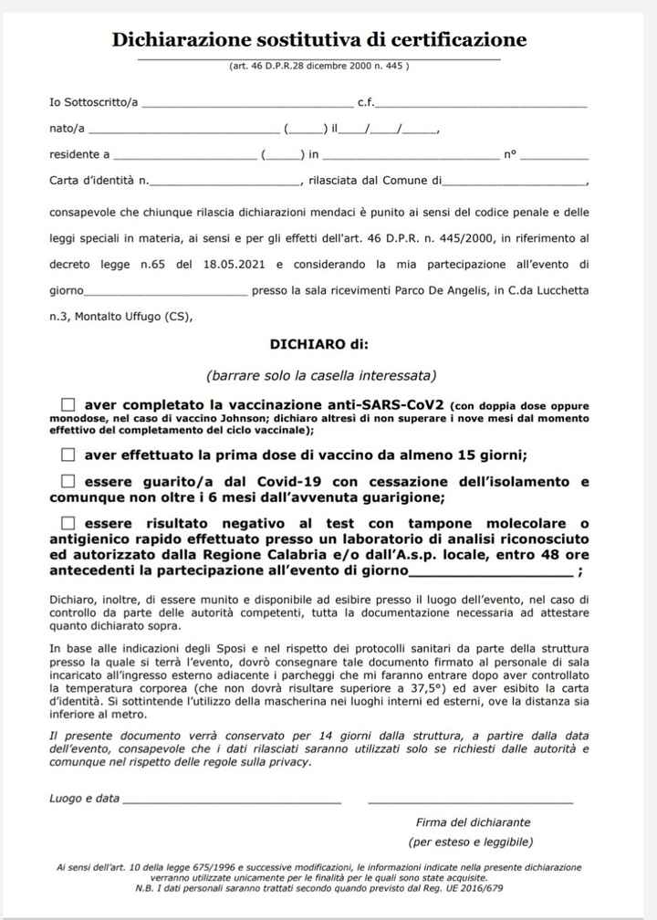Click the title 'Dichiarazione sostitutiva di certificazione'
(319, 39)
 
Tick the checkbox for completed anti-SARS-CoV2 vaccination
(68, 404)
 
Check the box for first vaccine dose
(68, 455)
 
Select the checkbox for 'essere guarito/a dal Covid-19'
(68, 481)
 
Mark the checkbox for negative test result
(68, 524)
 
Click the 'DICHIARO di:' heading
(318, 344)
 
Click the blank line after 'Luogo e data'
(232, 799)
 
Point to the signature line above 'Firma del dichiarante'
(470, 799)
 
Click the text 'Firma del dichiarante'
(473, 821)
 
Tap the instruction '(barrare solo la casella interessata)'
(320, 375)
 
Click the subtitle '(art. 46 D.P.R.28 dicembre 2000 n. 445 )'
(318, 66)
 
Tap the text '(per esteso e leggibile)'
(471, 842)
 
